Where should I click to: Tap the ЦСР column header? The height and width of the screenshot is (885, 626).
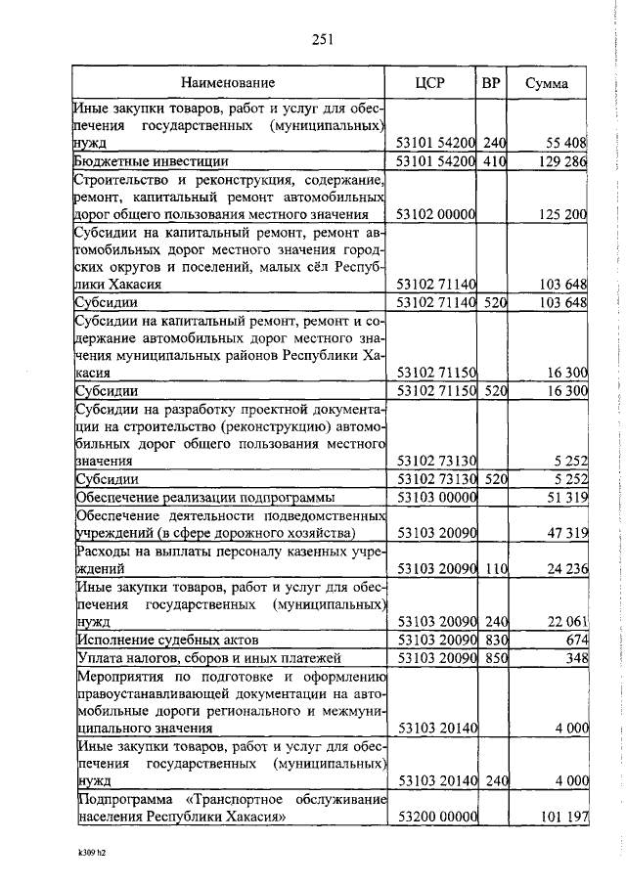coord(429,83)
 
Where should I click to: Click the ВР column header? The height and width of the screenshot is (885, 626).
coord(491,83)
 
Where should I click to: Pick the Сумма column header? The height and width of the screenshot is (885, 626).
coord(548,83)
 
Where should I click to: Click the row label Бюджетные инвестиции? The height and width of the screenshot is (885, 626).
coord(153,161)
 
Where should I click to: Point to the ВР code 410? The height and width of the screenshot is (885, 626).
coord(493,161)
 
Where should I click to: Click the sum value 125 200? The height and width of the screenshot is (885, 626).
coord(562,215)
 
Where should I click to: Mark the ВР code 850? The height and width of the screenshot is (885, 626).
coord(493,658)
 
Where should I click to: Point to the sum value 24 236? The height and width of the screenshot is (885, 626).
coord(565,567)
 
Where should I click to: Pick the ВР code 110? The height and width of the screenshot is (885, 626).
coord(493,567)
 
